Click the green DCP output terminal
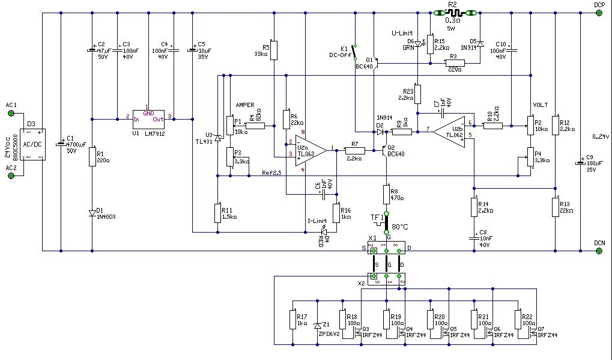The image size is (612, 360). pyautogui.click(x=599, y=12)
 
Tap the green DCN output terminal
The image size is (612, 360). pyautogui.click(x=599, y=251)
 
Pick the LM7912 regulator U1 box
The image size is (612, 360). pyautogui.click(x=148, y=116)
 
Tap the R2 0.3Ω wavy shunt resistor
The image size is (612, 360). pyautogui.click(x=453, y=12)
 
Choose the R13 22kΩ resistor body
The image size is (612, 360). pyautogui.click(x=556, y=208)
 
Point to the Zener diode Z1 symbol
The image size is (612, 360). pyautogui.click(x=317, y=326)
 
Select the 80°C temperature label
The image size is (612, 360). pyautogui.click(x=401, y=227)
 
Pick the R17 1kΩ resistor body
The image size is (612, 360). pyautogui.click(x=292, y=319)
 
